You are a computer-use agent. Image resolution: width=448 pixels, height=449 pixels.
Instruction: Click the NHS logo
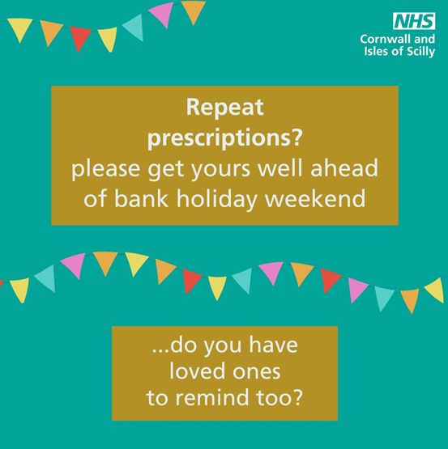pos(414,21)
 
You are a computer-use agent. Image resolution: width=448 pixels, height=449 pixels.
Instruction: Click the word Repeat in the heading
pos(225,108)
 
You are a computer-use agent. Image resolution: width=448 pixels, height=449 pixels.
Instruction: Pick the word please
pos(105,169)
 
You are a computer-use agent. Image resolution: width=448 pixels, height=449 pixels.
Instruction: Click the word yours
pos(220,170)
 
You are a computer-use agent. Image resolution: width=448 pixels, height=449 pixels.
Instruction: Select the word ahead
pos(344,168)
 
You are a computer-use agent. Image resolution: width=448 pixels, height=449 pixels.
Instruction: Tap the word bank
pos(141,198)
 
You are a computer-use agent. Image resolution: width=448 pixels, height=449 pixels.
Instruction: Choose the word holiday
pos(216,199)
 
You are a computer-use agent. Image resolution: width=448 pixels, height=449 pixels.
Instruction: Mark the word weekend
pos(315,198)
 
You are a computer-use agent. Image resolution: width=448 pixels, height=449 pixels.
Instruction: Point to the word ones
pos(257,372)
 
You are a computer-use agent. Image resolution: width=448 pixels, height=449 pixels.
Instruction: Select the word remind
pos(212,397)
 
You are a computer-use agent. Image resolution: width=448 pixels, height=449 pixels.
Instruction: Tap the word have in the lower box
pos(273,345)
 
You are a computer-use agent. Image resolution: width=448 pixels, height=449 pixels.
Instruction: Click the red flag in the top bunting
pos(79,37)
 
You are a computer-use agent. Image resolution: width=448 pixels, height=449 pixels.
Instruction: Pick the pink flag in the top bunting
pos(162,14)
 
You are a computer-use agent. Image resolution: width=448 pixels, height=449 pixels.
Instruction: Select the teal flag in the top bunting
pos(134,27)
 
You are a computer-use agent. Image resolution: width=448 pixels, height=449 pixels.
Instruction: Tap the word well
pos(280,168)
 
